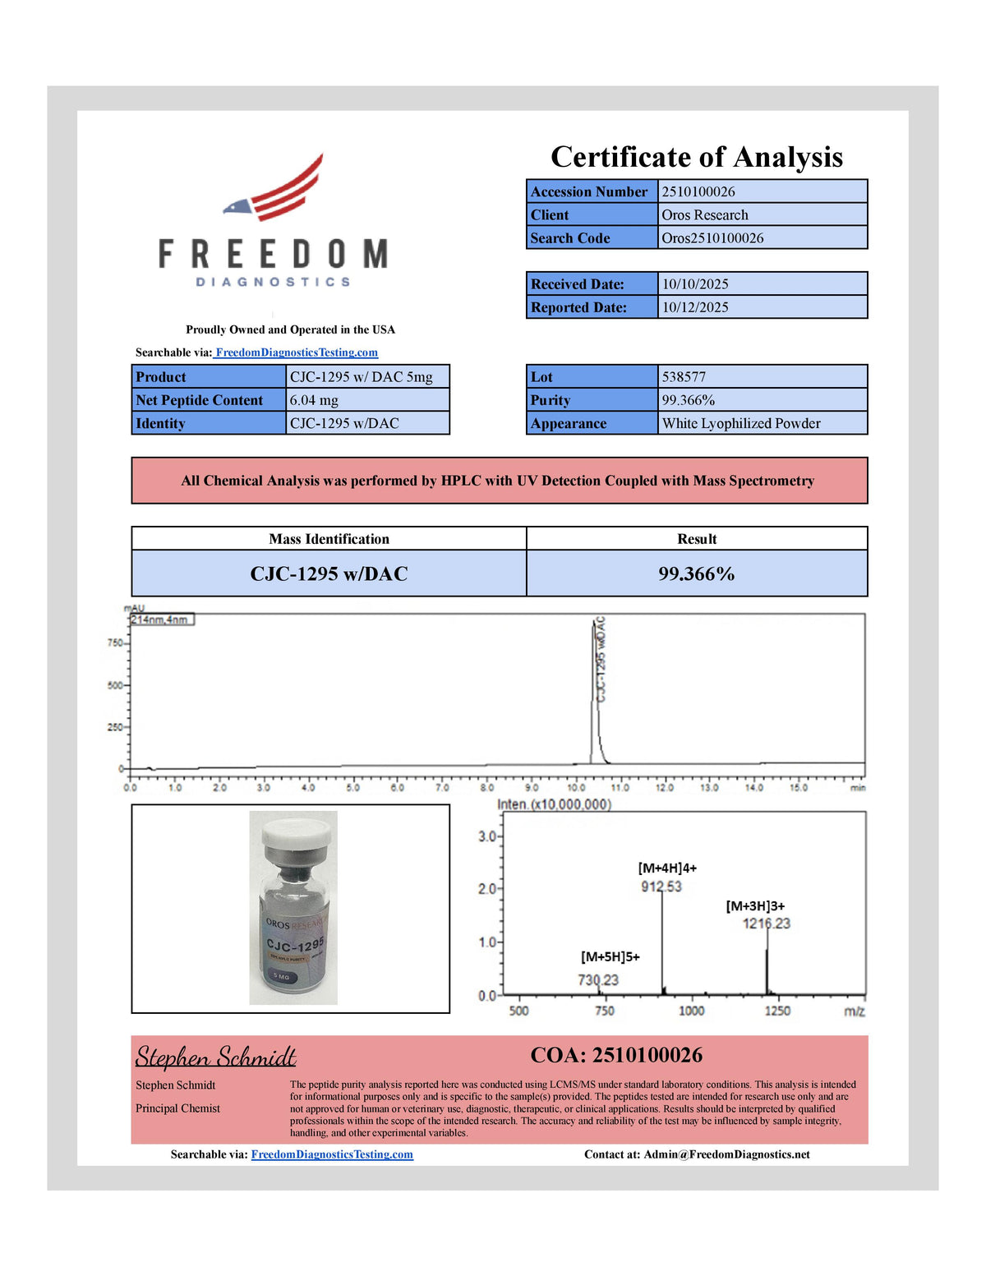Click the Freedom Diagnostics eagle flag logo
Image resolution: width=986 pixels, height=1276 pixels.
275,187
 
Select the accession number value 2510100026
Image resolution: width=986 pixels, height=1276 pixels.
698,191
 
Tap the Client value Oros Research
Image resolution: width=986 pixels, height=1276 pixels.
705,214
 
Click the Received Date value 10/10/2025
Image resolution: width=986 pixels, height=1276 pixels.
695,284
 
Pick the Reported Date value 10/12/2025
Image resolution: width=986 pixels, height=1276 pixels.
695,307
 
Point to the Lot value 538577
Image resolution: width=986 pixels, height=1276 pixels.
684,377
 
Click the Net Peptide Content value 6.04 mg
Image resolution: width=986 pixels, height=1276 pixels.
314,400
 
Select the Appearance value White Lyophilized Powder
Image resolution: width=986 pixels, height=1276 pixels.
741,423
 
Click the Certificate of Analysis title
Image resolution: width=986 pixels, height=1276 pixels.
697,157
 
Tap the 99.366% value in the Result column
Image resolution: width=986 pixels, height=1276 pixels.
696,574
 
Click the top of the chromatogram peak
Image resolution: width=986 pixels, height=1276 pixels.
594,624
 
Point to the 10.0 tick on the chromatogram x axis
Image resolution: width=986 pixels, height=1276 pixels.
576,787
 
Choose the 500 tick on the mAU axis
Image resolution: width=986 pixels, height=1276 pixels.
114,685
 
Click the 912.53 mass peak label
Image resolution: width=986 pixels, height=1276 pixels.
661,887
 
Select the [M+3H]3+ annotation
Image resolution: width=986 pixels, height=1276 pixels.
755,906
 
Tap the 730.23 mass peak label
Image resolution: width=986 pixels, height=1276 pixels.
598,980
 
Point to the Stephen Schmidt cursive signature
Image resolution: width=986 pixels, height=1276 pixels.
216,1057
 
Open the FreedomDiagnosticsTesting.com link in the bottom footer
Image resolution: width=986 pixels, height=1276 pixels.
332,1154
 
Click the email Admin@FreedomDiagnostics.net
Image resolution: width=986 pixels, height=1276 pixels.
726,1154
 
